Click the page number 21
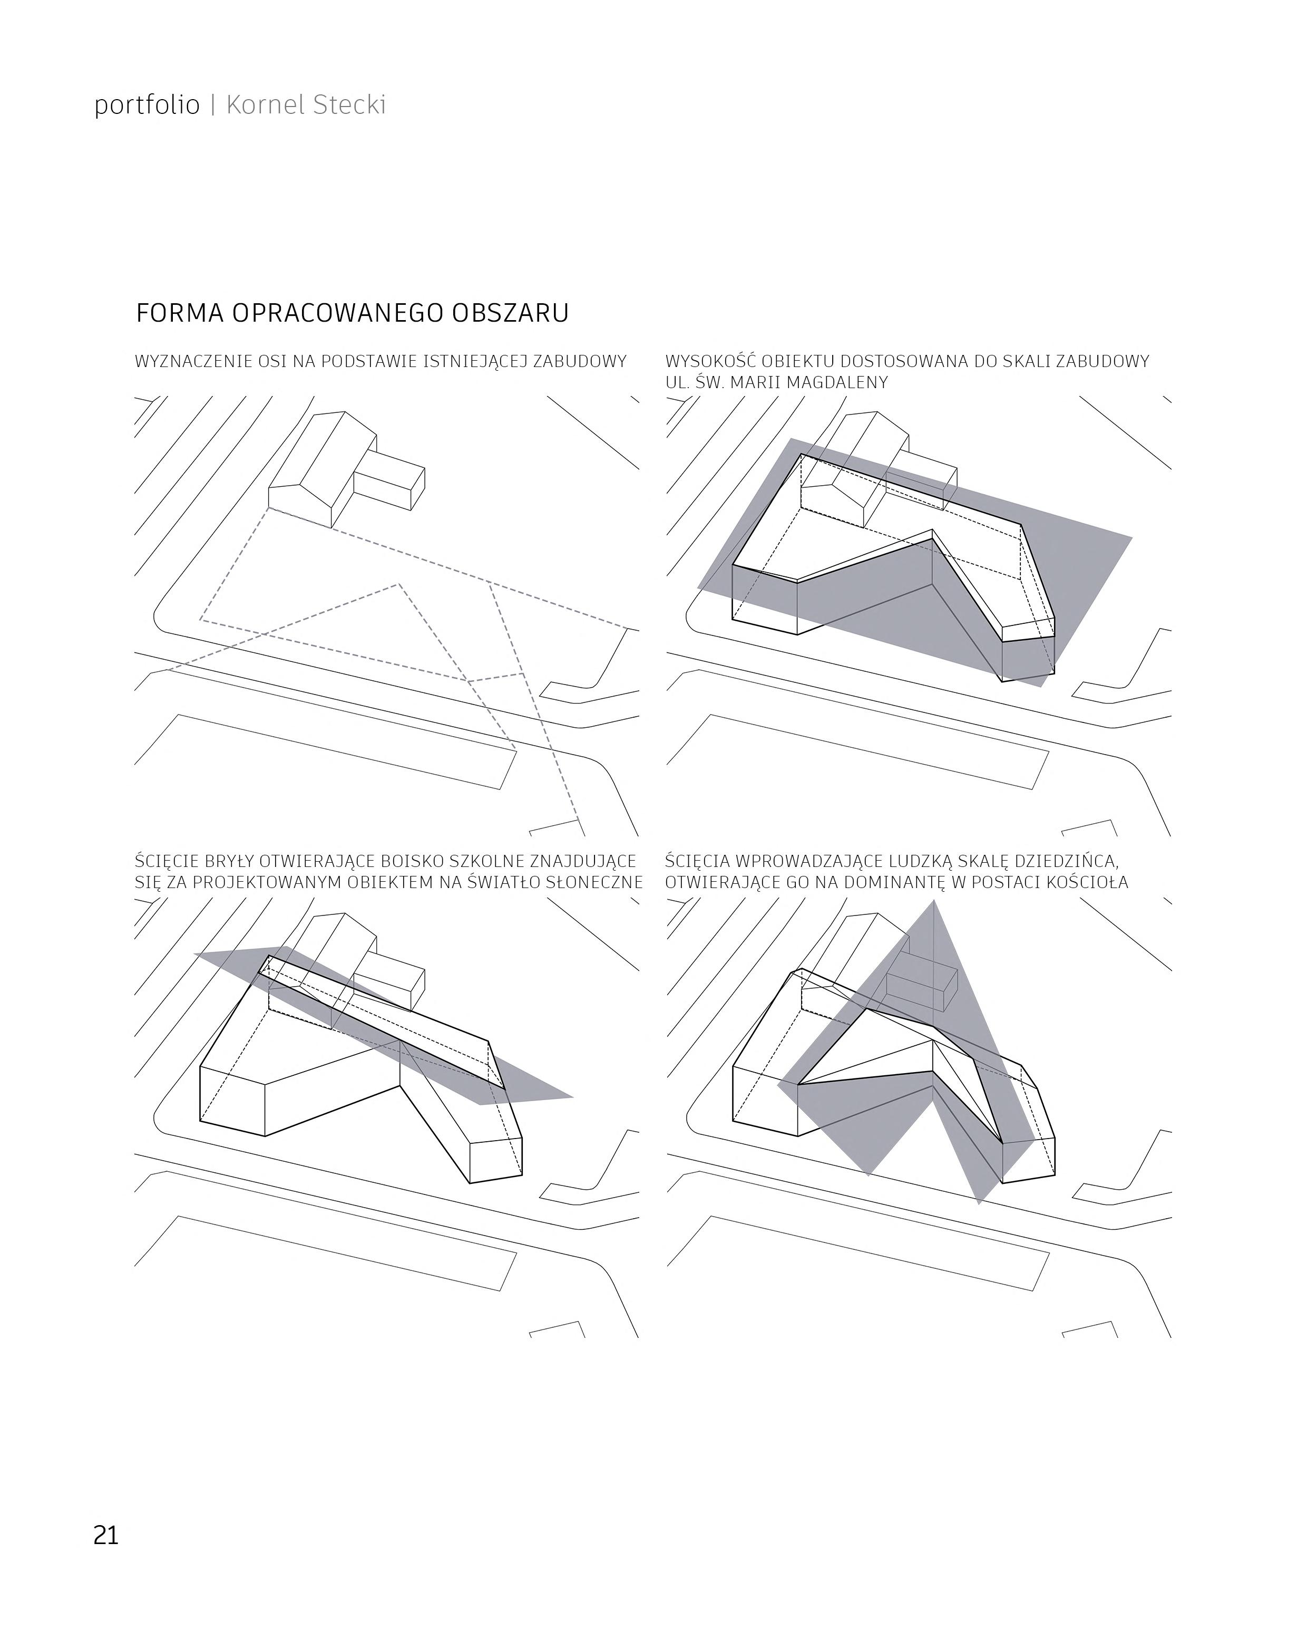[x=106, y=1535]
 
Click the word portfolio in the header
[x=147, y=105]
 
